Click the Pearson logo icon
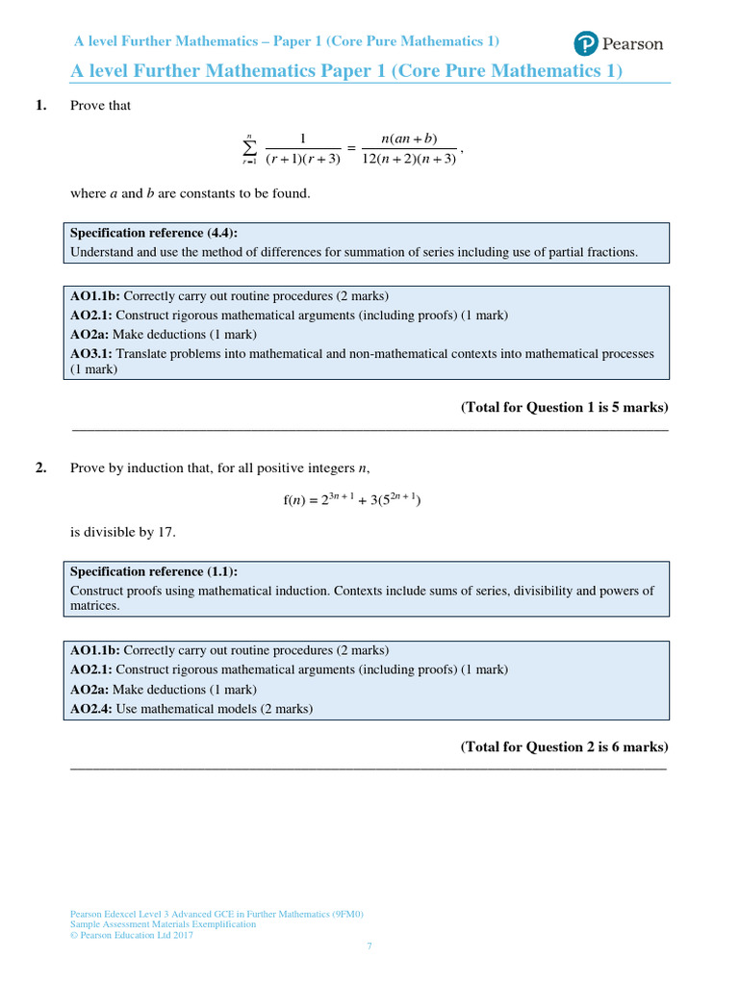click(x=585, y=43)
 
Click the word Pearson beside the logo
click(x=632, y=44)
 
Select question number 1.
click(x=41, y=106)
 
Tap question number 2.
click(x=41, y=468)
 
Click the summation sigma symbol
click(x=250, y=148)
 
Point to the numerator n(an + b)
click(x=409, y=139)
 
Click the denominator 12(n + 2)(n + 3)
click(x=409, y=160)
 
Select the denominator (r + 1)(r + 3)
click(x=303, y=160)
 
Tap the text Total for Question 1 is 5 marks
click(x=565, y=407)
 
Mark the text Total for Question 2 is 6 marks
click(x=565, y=746)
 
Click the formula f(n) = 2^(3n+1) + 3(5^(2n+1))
click(x=352, y=498)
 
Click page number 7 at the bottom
click(x=369, y=947)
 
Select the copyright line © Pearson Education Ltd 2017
click(x=132, y=935)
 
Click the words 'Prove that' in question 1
click(x=101, y=106)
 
